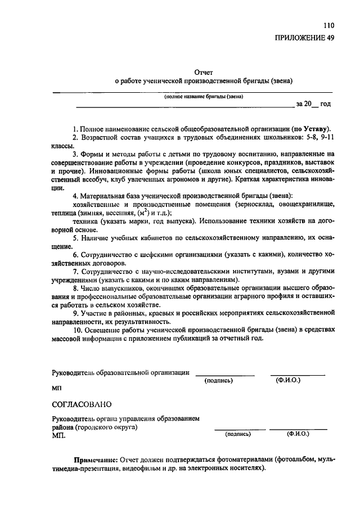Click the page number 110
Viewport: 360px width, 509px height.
tap(328, 26)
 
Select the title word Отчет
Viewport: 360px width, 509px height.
tap(204, 72)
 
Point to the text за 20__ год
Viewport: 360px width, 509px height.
tap(313, 105)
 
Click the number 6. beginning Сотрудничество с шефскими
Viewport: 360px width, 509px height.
tap(76, 254)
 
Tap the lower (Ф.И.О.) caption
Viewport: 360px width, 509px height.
tap(298, 434)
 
